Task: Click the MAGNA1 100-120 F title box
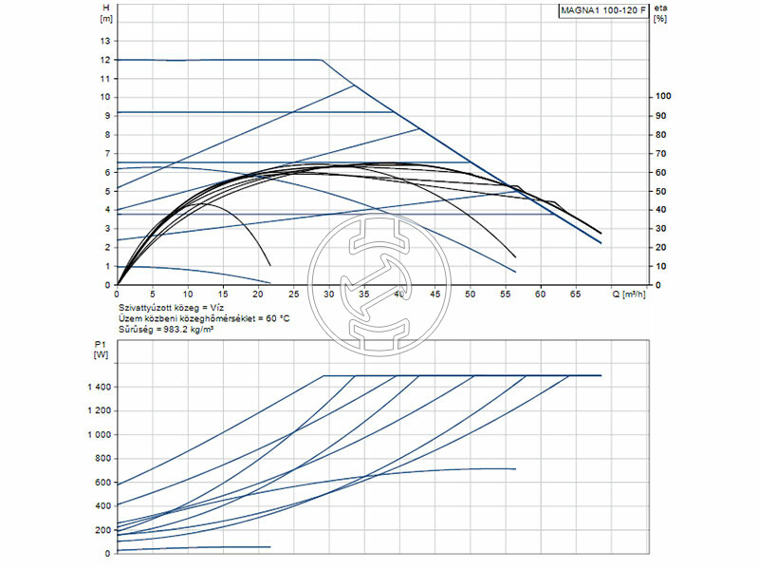[602, 10]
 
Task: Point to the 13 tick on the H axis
[106, 41]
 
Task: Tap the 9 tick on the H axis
[108, 115]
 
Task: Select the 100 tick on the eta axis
[663, 97]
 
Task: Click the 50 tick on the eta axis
[661, 191]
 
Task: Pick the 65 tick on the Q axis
[576, 294]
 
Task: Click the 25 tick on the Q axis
[293, 294]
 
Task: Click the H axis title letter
[104, 8]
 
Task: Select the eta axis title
[661, 8]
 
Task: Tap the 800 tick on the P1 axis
[103, 459]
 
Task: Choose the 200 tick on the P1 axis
[103, 530]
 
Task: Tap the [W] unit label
[102, 355]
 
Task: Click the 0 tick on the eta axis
[657, 285]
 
